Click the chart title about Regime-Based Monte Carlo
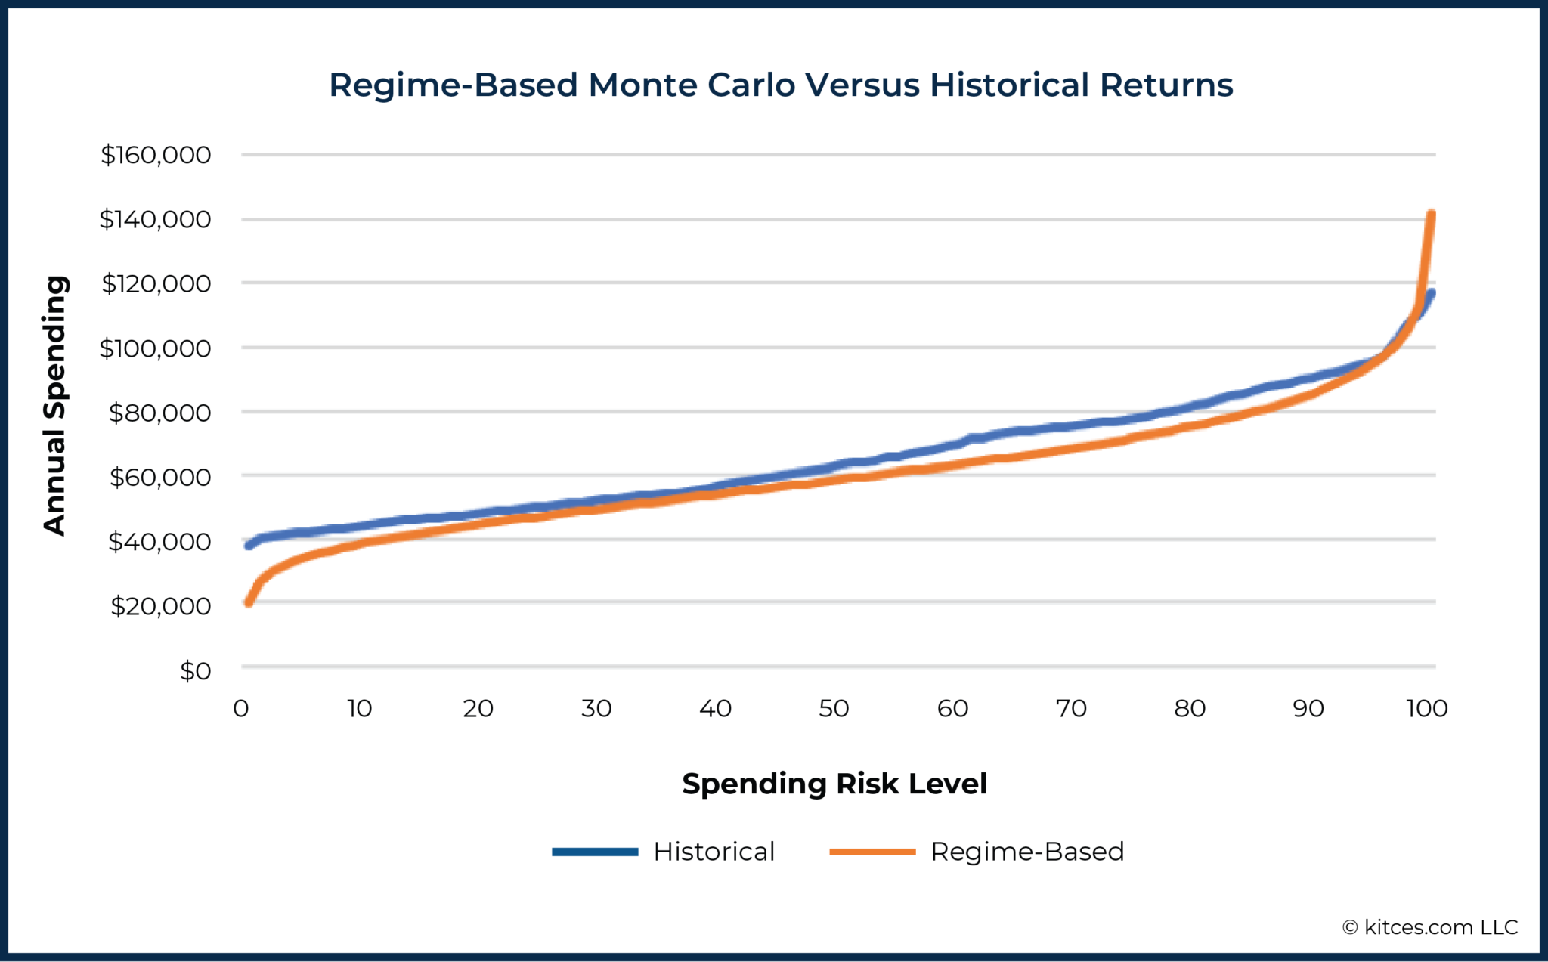point(781,85)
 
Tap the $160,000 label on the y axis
point(156,155)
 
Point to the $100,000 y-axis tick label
point(155,348)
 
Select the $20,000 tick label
point(160,606)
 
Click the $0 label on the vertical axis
point(195,671)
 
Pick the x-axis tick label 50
point(834,709)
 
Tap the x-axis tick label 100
point(1426,709)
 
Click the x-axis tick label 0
point(241,709)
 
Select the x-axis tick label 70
point(1071,709)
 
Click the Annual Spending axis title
point(55,406)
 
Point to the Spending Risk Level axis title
point(834,784)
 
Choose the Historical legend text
point(714,852)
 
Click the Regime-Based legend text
point(1027,852)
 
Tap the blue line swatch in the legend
point(595,852)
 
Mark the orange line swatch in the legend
point(872,852)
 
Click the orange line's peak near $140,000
point(1431,215)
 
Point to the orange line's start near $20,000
point(248,602)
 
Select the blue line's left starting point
point(248,545)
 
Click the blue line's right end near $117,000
point(1431,293)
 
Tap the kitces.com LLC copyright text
point(1430,927)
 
